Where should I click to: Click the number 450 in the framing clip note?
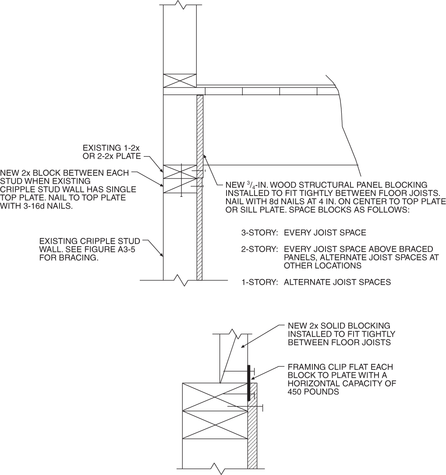pos(296,392)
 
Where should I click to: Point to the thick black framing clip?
pos(248,383)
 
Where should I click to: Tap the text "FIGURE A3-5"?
pos(120,249)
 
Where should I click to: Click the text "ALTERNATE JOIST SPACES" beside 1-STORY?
pos(337,282)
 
